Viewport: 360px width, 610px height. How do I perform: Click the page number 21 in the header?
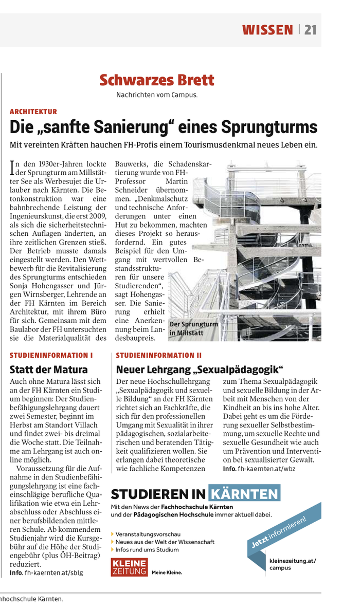point(310,30)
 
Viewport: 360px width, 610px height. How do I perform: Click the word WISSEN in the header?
point(267,30)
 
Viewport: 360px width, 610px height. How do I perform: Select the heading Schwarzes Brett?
point(157,80)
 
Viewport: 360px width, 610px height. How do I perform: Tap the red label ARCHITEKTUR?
point(33,112)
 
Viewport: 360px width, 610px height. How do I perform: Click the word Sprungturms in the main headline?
point(272,126)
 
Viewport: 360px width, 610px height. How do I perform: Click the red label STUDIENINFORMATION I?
point(51,355)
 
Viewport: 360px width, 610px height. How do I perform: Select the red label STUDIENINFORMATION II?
point(159,355)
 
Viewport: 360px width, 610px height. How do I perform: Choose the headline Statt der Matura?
point(49,369)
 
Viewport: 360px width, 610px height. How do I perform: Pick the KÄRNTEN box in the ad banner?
point(244,494)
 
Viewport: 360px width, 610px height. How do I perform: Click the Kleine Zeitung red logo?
point(129,566)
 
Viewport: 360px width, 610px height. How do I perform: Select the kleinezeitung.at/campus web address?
point(292,564)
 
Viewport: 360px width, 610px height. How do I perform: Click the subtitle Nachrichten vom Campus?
point(157,95)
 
